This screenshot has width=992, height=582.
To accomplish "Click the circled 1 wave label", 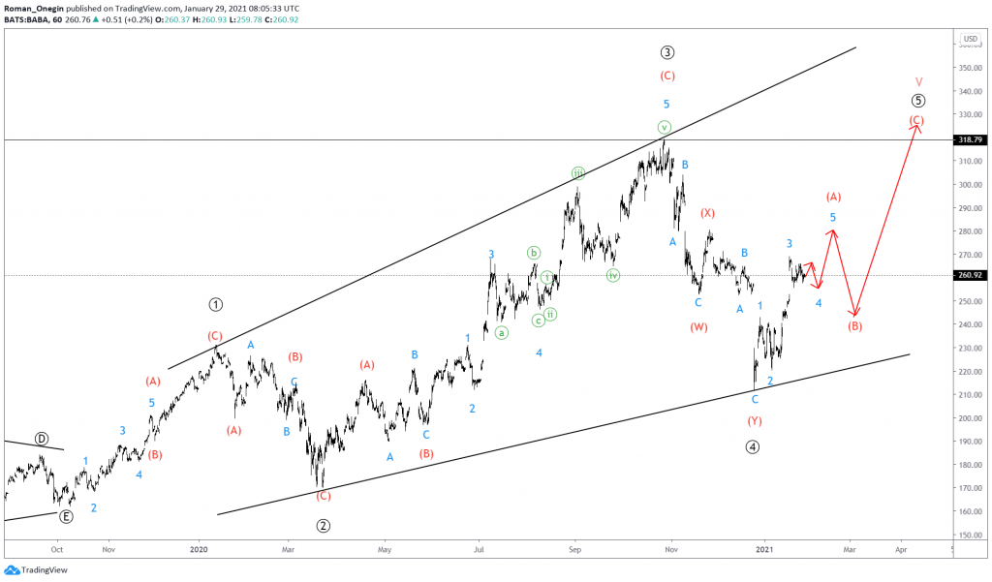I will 215,304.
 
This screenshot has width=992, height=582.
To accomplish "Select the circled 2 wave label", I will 325,526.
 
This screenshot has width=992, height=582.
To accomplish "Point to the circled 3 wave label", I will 667,52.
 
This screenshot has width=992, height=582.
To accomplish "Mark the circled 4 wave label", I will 753,446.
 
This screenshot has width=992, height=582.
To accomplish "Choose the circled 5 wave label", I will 918,101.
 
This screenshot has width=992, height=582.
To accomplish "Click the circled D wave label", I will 41,439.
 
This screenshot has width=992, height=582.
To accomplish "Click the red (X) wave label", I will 708,212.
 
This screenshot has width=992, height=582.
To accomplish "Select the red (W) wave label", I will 699,327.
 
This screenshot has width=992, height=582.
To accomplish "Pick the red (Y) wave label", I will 755,420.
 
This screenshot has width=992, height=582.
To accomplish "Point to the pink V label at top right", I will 918,81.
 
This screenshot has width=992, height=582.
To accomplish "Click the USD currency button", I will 970,39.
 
